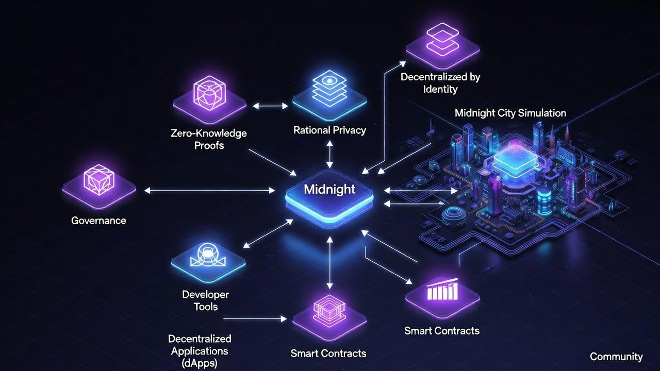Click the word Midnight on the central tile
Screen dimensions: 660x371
(x=329, y=189)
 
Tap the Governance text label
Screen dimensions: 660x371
(x=98, y=221)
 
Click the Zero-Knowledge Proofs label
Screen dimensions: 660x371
(x=209, y=139)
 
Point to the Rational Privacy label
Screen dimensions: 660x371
(x=329, y=130)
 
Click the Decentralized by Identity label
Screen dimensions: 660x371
(x=440, y=83)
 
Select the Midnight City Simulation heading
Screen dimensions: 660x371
(x=510, y=113)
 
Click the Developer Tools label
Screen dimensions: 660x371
(x=206, y=301)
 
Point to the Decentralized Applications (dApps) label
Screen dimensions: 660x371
(x=200, y=350)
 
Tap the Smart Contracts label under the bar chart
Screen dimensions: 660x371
(x=442, y=331)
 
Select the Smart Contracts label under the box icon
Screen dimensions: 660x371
(x=328, y=353)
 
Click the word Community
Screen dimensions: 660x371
(x=616, y=357)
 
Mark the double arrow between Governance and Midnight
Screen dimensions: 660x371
(x=209, y=191)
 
